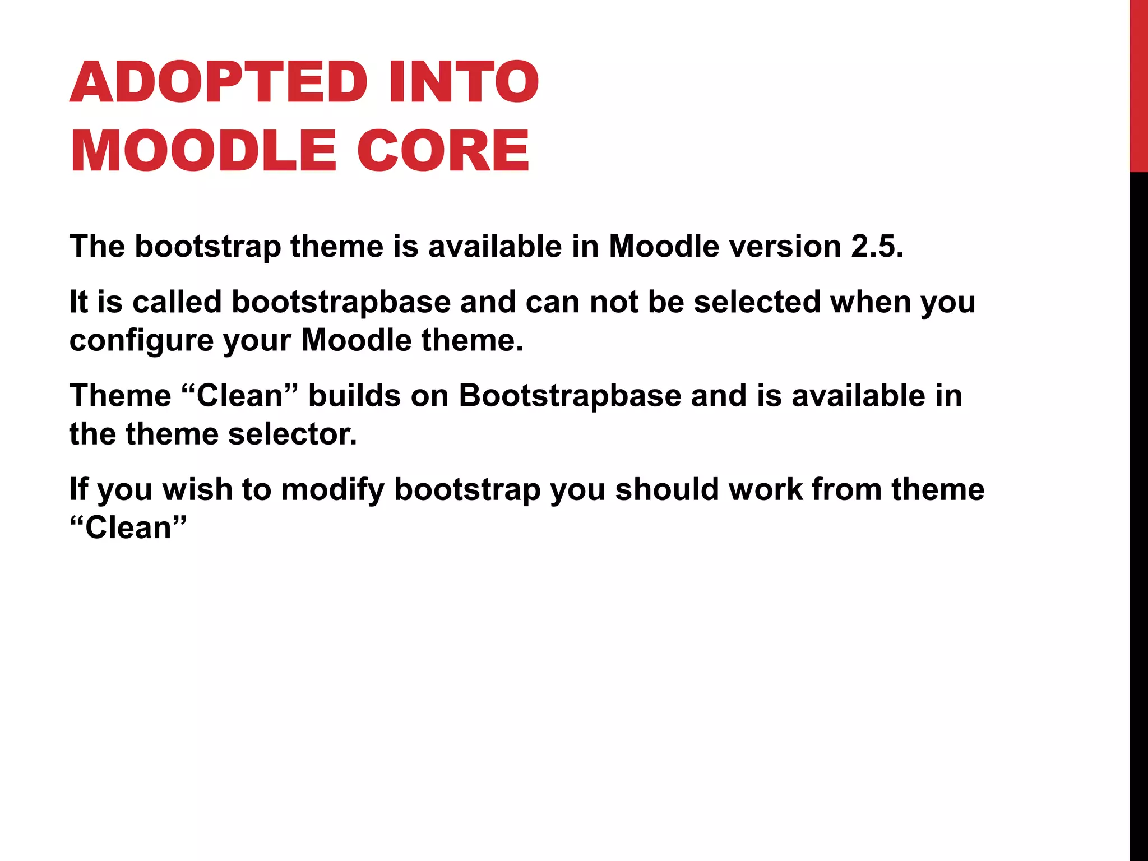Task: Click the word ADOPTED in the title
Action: coord(219,82)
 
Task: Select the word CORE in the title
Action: coord(443,151)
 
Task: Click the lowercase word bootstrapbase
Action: coord(341,302)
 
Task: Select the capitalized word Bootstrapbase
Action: coord(570,396)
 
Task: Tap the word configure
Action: coord(141,341)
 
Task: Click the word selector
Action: coord(292,434)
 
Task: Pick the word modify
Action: coord(332,490)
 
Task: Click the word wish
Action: coord(197,489)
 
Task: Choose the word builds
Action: coord(354,396)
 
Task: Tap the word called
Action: coord(177,302)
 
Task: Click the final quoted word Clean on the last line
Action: coord(128,528)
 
